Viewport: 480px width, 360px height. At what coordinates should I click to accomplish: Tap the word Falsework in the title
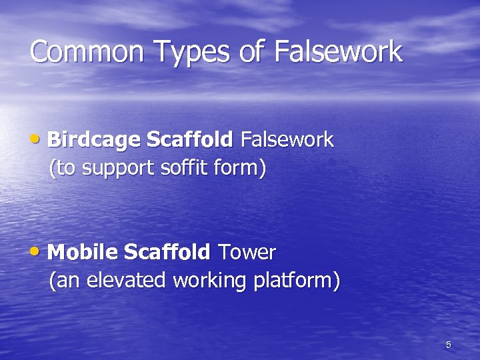coord(338,52)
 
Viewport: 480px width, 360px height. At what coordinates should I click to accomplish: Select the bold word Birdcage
coord(94,140)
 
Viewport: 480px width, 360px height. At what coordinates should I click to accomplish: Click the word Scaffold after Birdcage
coord(189,140)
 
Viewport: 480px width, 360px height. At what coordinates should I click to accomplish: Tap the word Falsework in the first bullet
coord(287,140)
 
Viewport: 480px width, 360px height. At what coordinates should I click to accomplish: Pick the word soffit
coord(183,168)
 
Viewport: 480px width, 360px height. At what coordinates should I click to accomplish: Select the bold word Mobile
coord(83,253)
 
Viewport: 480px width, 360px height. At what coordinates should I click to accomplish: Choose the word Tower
coord(247,253)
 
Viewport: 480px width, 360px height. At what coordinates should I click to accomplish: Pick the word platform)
coord(296,281)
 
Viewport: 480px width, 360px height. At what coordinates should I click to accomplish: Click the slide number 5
coord(448,345)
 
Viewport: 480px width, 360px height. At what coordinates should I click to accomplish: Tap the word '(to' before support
coord(63,168)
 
